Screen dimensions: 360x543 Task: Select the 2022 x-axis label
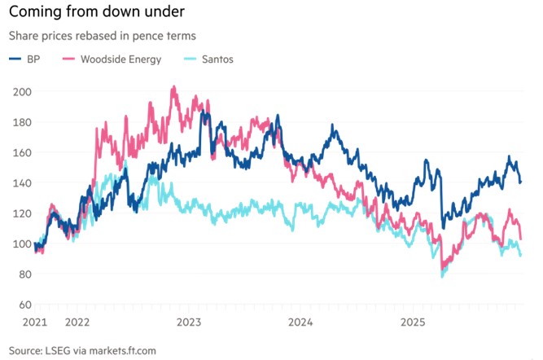[x=78, y=323]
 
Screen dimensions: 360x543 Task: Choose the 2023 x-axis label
[x=189, y=323]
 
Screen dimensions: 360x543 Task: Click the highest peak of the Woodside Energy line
[x=173, y=87]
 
